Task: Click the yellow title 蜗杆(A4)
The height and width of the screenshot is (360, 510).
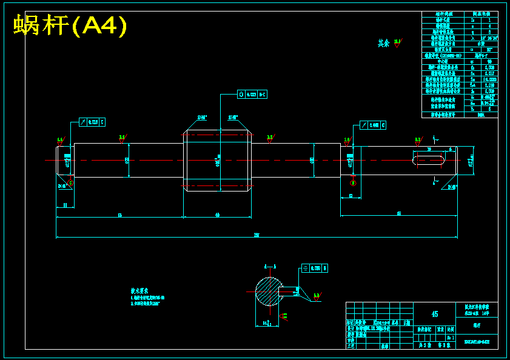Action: click(70, 26)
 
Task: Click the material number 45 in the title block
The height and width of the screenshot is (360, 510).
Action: click(434, 314)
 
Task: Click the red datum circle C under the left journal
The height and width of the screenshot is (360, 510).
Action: click(70, 182)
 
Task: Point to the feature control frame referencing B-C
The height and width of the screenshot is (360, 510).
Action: click(252, 95)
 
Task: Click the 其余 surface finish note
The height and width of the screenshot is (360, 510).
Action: click(383, 43)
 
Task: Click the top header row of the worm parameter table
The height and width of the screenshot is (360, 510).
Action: click(459, 14)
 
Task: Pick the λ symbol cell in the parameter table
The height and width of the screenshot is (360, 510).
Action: click(472, 38)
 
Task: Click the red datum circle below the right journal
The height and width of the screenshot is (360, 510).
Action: click(354, 182)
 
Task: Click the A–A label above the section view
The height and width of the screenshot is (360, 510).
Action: click(270, 266)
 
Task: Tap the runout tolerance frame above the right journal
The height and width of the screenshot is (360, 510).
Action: click(373, 125)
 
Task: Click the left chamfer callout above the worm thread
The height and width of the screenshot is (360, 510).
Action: click(202, 117)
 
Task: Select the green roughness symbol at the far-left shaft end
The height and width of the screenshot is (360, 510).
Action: click(60, 141)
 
